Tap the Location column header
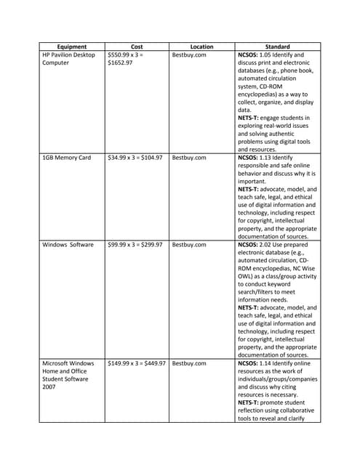tap(201, 46)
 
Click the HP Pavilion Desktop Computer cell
tap(68, 59)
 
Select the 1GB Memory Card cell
tap(66, 157)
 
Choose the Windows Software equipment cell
tap(68, 245)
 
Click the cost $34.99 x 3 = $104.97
tap(135, 157)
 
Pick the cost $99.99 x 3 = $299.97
tap(135, 245)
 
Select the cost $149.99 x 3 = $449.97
tap(136, 363)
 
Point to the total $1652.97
tap(119, 63)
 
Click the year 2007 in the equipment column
tap(49, 387)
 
